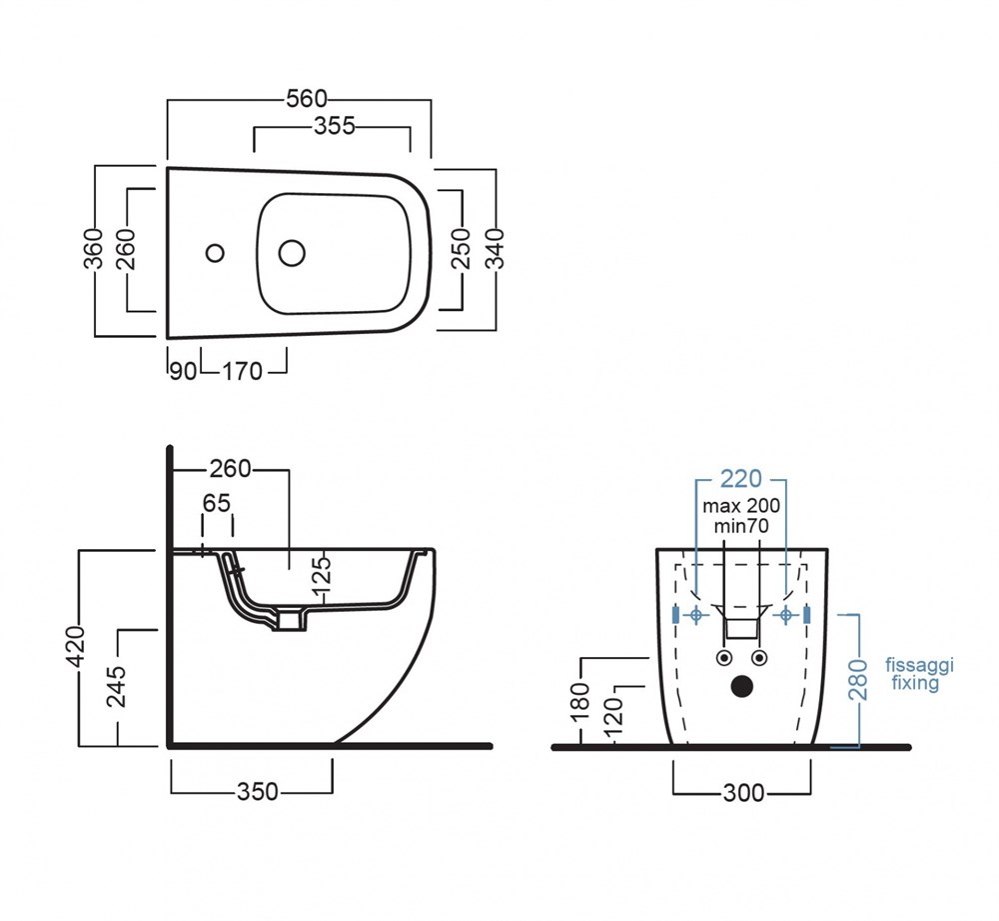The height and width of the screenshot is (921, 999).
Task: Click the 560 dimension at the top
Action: point(307,98)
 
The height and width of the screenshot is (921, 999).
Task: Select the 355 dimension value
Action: point(335,126)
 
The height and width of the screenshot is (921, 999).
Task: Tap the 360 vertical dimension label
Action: point(92,249)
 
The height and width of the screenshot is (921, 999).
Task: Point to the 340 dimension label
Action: point(495,248)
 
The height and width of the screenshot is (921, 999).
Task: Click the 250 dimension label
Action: point(461,249)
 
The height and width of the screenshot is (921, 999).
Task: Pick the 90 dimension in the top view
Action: point(182,371)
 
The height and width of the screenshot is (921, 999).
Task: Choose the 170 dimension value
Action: point(242,371)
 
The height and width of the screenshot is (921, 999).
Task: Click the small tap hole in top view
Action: point(215,252)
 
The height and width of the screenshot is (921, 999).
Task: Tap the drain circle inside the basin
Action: point(291,253)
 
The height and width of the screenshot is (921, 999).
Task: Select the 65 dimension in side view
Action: point(217,503)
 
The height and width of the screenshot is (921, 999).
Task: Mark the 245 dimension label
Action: point(117,686)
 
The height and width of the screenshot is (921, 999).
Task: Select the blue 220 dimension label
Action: point(740,478)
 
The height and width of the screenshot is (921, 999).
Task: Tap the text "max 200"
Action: point(741,506)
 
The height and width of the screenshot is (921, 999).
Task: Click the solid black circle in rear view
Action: point(741,686)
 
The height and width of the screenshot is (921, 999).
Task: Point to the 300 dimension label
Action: point(742,792)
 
